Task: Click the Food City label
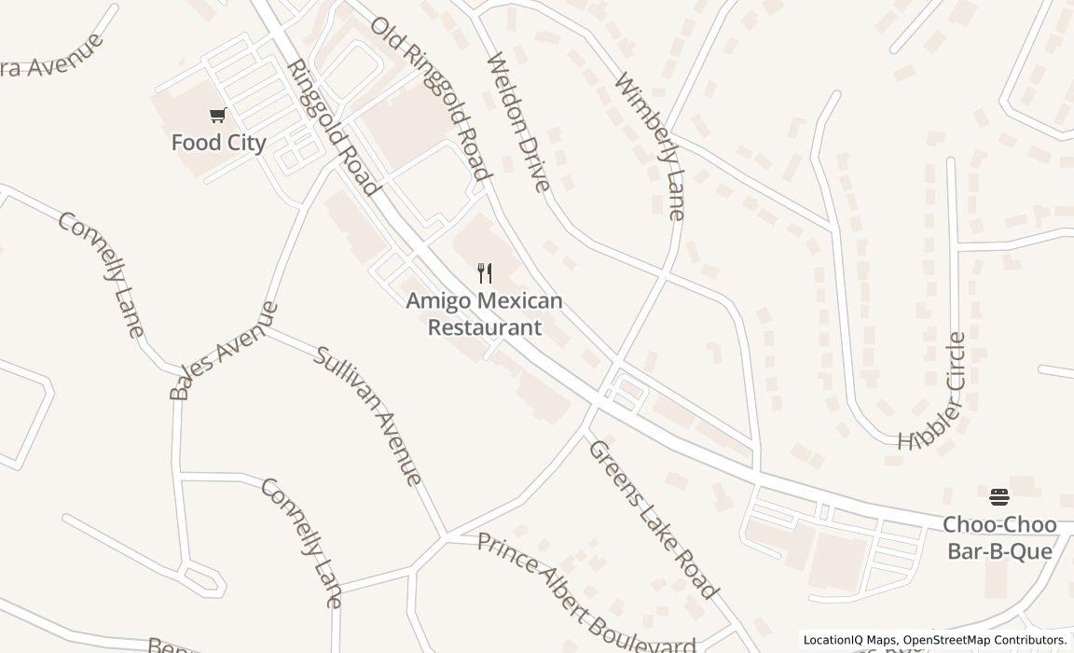pos(218,143)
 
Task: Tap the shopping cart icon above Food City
pos(218,116)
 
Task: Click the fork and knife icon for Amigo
pos(484,273)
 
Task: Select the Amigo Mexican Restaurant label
pos(484,313)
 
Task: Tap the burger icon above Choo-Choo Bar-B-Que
pos(999,497)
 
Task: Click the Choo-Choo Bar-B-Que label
pos(999,537)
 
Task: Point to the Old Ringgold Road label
pos(431,98)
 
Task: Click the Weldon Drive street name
pos(518,121)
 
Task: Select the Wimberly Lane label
pos(650,147)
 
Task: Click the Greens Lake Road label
pos(653,519)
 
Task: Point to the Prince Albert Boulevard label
pos(585,593)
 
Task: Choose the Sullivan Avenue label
pos(367,415)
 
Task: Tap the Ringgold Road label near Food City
pos(334,128)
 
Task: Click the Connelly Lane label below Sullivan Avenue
pos(300,542)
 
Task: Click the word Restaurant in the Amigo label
pos(484,327)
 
